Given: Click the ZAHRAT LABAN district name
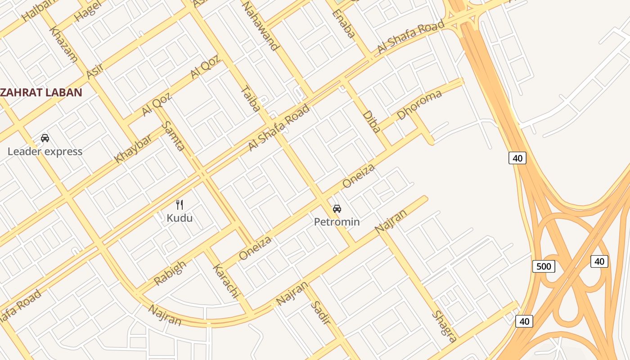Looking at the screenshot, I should [41, 93].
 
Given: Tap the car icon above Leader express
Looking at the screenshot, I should [45, 138].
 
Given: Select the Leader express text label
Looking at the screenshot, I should [45, 151].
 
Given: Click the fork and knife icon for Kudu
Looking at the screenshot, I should [180, 205].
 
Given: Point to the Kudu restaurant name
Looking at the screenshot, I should [180, 218].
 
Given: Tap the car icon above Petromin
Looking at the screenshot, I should [337, 208].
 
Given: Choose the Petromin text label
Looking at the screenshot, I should [337, 222].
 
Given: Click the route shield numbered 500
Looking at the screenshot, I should [544, 266].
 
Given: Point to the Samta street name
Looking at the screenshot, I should [173, 135].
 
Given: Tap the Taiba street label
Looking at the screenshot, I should [251, 99].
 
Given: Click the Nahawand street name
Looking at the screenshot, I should [261, 26].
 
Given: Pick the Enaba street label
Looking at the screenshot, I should [344, 24].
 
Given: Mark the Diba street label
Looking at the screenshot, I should [371, 121].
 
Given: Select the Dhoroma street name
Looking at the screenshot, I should [419, 104].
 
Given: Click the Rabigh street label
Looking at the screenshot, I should [170, 273].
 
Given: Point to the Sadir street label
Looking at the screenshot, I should [320, 313].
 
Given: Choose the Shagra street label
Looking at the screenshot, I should [444, 326].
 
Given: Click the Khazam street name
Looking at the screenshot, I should [63, 44].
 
